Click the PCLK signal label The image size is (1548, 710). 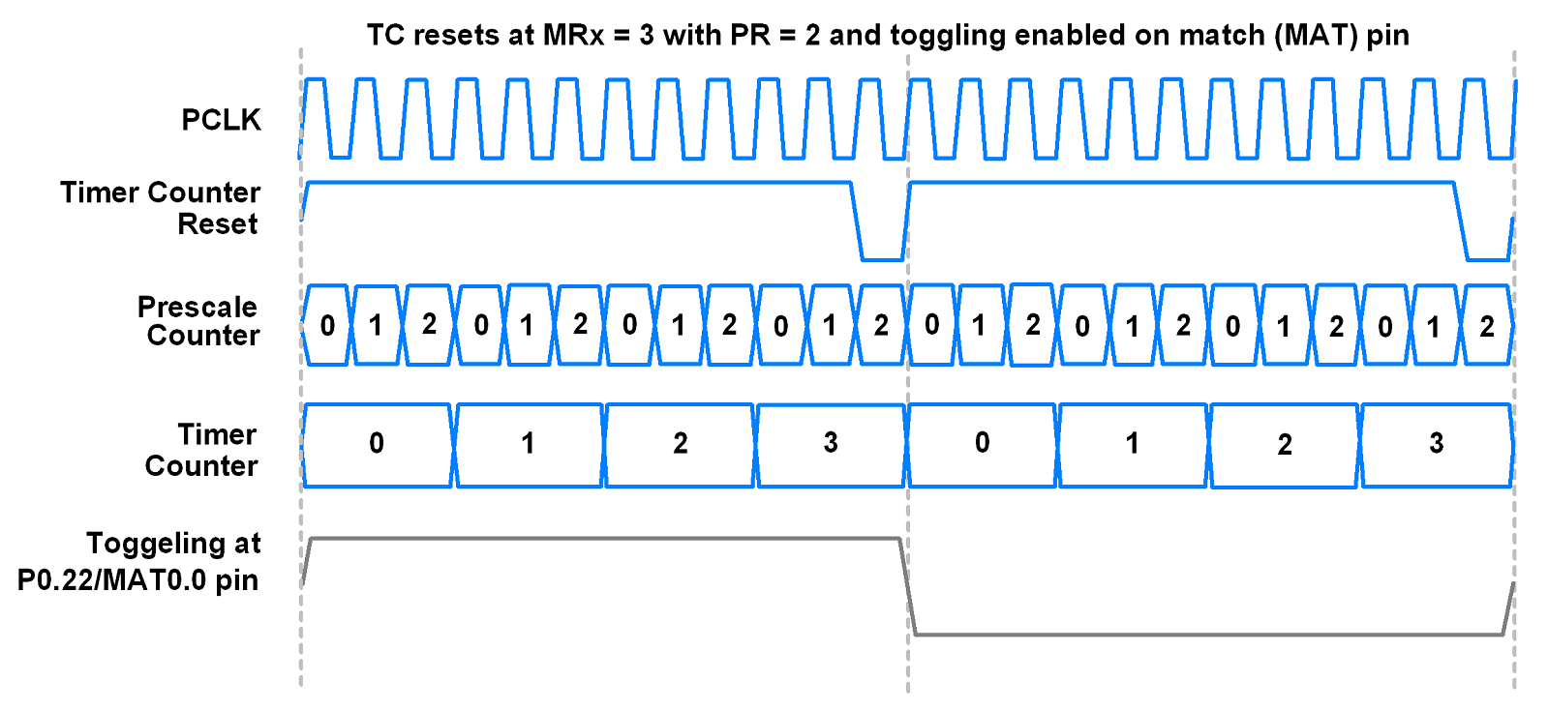tap(221, 120)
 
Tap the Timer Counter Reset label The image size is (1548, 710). tap(161, 208)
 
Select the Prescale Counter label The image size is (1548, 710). tap(198, 321)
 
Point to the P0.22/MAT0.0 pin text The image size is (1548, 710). tap(137, 580)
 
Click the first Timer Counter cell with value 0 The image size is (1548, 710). tap(377, 444)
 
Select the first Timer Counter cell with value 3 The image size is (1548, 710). tap(831, 444)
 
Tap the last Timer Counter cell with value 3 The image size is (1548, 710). tap(1436, 444)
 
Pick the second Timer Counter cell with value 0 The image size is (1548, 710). tap(982, 444)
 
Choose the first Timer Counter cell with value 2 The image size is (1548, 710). tap(680, 444)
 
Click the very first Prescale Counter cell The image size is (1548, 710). tap(327, 326)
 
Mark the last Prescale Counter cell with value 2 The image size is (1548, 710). tap(1487, 326)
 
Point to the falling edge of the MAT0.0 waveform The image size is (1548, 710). tap(907, 586)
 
